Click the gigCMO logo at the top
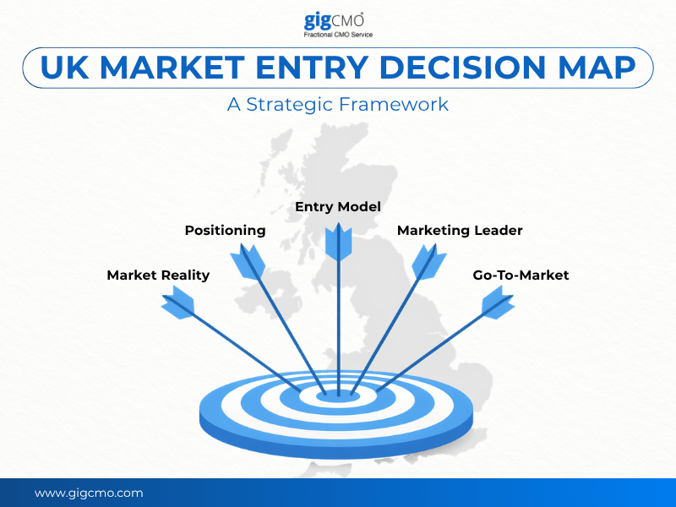tap(338, 20)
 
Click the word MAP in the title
tap(601, 68)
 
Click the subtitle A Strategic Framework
tap(338, 105)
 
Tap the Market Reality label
tap(158, 275)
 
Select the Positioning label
tap(225, 230)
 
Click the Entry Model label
tap(338, 206)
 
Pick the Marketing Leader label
tap(460, 230)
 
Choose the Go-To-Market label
tap(521, 275)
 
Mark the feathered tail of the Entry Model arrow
tap(338, 240)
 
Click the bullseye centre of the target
tap(338, 394)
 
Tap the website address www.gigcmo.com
tap(89, 493)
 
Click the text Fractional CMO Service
tap(338, 35)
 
